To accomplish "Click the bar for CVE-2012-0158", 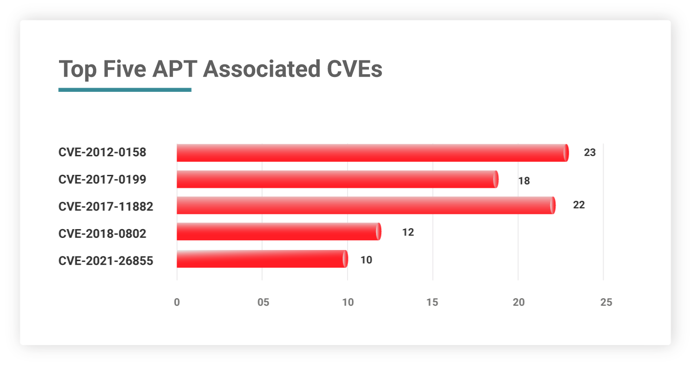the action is (x=373, y=153).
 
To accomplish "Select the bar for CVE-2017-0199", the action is (x=338, y=179).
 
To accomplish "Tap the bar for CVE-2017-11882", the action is (x=366, y=205).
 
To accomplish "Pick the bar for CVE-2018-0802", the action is (x=279, y=231).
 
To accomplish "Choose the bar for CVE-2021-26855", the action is (x=263, y=259).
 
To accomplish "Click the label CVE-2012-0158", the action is (x=102, y=152).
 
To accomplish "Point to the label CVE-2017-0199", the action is (x=102, y=179).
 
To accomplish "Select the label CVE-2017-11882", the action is (x=106, y=206).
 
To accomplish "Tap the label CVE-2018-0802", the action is (x=102, y=234).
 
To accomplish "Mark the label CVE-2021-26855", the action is (x=106, y=261).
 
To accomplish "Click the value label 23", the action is (x=590, y=153).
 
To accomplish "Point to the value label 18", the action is (x=524, y=181).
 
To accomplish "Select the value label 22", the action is (x=579, y=205).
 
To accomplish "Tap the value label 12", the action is (x=408, y=232).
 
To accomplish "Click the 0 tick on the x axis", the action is (x=177, y=302).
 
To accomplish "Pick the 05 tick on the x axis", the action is (x=263, y=302).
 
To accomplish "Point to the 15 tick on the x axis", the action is (x=432, y=302).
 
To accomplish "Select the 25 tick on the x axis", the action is (x=606, y=302).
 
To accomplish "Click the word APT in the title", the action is (x=175, y=69).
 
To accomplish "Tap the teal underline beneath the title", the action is (x=125, y=90).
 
